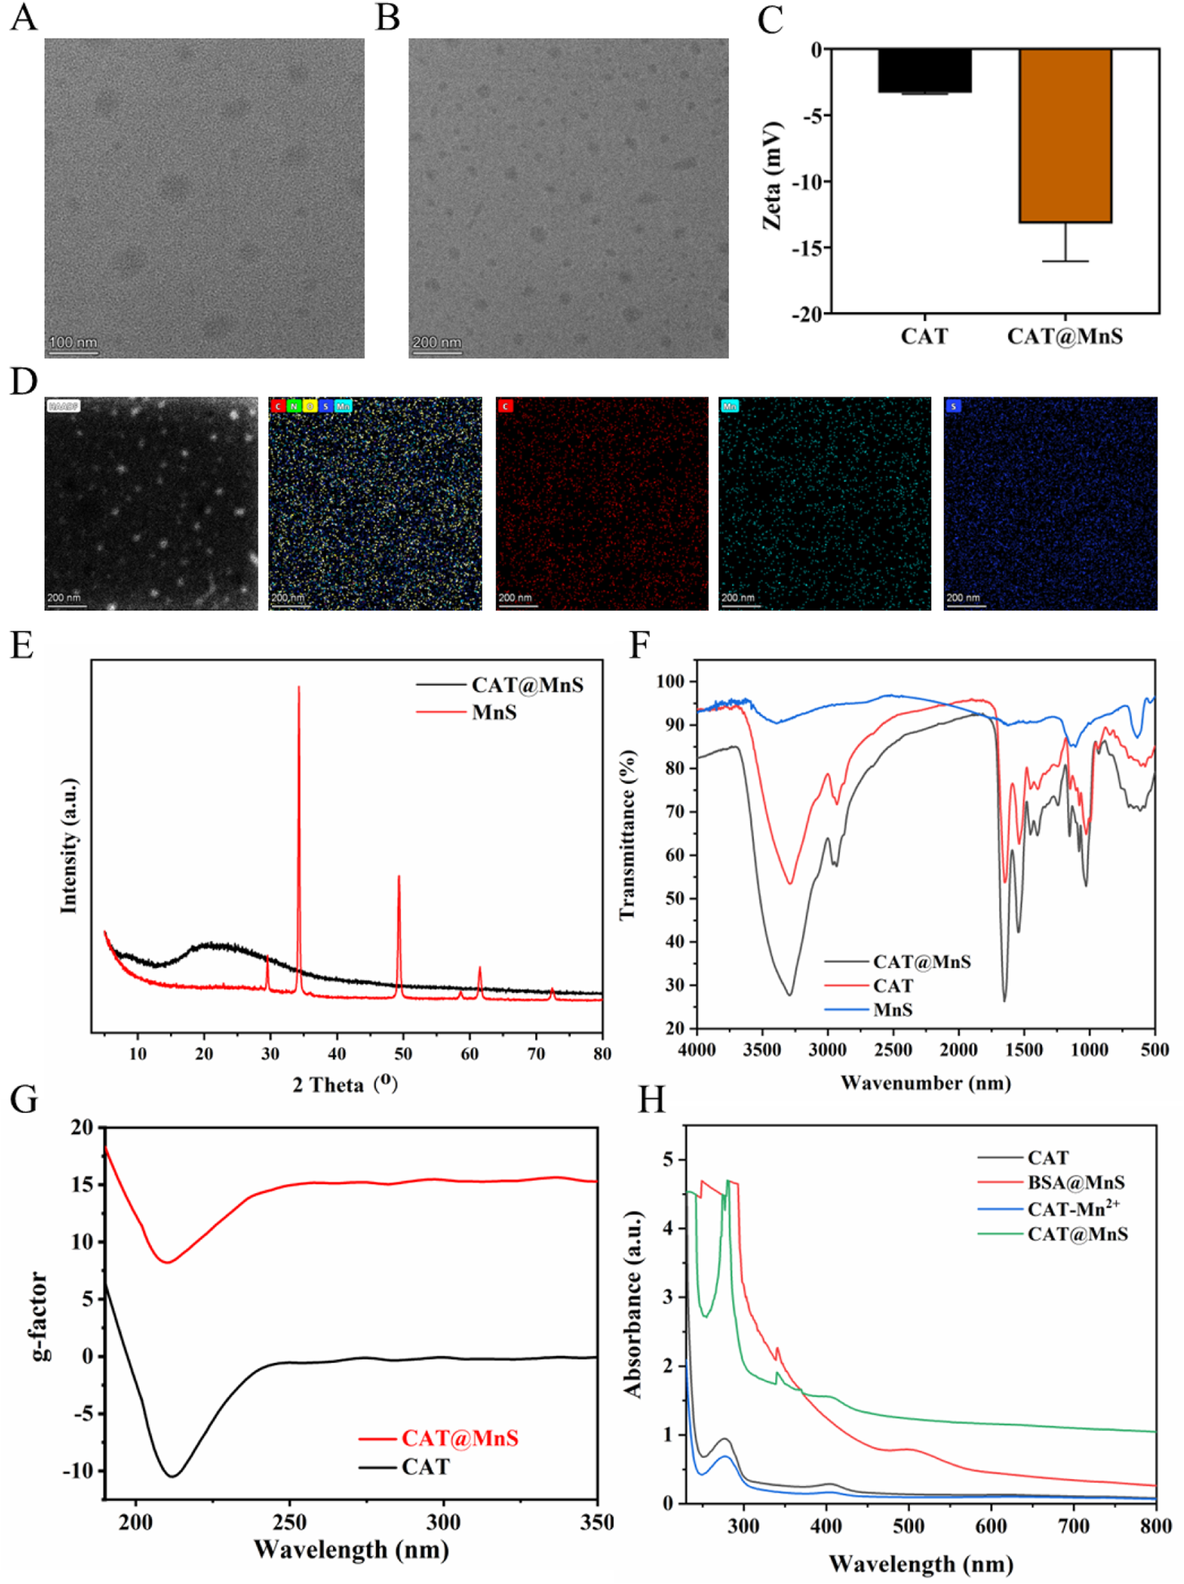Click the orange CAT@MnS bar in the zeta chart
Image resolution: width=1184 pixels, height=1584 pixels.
pyautogui.click(x=1065, y=136)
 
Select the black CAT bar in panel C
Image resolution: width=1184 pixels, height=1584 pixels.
pyautogui.click(x=924, y=70)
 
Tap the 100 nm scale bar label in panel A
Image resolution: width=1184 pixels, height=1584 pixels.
pyautogui.click(x=73, y=343)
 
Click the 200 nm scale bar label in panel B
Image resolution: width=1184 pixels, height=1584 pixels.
pyautogui.click(x=437, y=343)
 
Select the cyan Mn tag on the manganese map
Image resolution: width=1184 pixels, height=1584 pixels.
pyautogui.click(x=729, y=407)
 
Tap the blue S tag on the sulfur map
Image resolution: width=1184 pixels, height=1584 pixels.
pyautogui.click(x=952, y=407)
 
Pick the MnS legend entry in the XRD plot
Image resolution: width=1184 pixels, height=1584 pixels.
pyautogui.click(x=493, y=712)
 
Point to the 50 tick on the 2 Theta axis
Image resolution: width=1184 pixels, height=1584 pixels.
pyautogui.click(x=403, y=1054)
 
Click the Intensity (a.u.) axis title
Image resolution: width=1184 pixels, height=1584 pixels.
pyautogui.click(x=69, y=846)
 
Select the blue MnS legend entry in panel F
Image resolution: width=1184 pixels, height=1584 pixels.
pyautogui.click(x=892, y=1010)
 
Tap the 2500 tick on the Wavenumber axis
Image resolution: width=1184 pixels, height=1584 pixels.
pyautogui.click(x=893, y=1051)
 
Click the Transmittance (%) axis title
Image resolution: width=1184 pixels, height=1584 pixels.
pyautogui.click(x=627, y=834)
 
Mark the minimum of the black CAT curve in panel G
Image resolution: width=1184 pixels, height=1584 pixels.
pyautogui.click(x=172, y=1476)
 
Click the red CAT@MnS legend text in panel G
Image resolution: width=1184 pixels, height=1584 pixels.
pyautogui.click(x=460, y=1438)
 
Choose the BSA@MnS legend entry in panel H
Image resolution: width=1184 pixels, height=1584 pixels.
pyautogui.click(x=1075, y=1182)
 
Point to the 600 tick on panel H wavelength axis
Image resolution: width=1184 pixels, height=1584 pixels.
pyautogui.click(x=991, y=1527)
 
